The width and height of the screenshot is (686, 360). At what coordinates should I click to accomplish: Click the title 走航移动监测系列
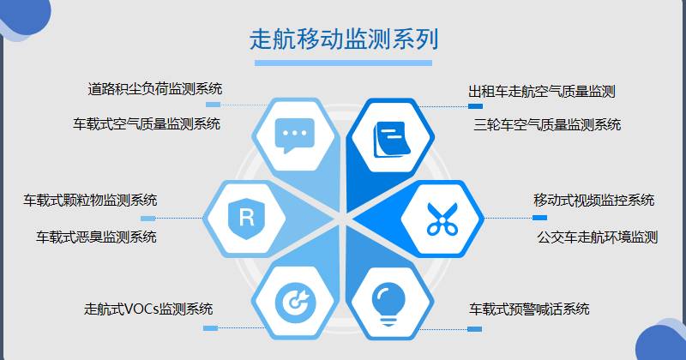pyautogui.click(x=344, y=39)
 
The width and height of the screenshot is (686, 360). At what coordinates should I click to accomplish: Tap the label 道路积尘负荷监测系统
pyautogui.click(x=155, y=89)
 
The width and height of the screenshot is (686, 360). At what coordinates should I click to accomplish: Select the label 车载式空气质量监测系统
pyautogui.click(x=147, y=123)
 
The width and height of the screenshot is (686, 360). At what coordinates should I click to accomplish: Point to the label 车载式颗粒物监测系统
pyautogui.click(x=90, y=201)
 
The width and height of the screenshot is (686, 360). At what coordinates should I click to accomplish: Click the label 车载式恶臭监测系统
pyautogui.click(x=96, y=237)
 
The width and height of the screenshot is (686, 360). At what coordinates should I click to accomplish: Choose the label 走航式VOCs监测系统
pyautogui.click(x=148, y=309)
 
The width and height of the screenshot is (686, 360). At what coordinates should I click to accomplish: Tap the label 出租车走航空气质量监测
pyautogui.click(x=542, y=92)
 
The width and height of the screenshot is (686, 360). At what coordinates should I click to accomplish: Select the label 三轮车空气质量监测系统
pyautogui.click(x=547, y=124)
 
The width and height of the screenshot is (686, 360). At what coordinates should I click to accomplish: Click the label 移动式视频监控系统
pyautogui.click(x=594, y=201)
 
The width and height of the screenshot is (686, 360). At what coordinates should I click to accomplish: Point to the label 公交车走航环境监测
pyautogui.click(x=598, y=237)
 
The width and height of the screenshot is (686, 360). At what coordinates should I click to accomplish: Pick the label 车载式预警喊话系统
pyautogui.click(x=529, y=309)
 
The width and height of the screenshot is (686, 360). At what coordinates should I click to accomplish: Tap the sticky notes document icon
pyautogui.click(x=392, y=139)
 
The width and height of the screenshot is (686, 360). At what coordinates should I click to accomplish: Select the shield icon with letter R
pyautogui.click(x=247, y=219)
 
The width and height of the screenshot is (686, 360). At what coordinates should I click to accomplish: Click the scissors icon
pyautogui.click(x=442, y=219)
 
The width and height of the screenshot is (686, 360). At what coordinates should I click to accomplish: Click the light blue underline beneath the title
pyautogui.click(x=344, y=63)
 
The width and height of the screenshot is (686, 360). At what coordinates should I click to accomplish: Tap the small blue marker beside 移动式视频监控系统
pyautogui.click(x=539, y=218)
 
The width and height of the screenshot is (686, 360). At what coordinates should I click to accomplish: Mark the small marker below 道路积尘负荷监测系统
pyautogui.click(x=213, y=105)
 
